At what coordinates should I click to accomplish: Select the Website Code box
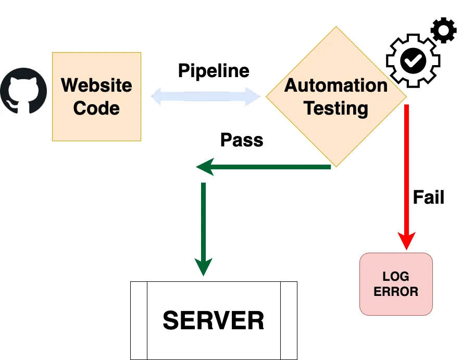(x=96, y=96)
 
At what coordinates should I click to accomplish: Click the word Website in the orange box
(x=96, y=85)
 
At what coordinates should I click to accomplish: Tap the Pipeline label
(x=214, y=71)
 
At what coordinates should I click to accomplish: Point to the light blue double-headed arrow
(x=206, y=96)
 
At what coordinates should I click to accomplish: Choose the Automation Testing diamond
(x=336, y=96)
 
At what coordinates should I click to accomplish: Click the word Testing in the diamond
(x=336, y=108)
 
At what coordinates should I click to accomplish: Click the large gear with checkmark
(x=413, y=61)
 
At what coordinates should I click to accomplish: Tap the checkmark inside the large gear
(x=413, y=61)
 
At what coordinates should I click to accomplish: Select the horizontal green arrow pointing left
(x=263, y=167)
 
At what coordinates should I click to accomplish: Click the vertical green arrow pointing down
(x=203, y=229)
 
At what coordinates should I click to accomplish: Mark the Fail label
(x=428, y=197)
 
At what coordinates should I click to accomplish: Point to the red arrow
(x=407, y=172)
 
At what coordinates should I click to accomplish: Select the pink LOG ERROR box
(x=396, y=284)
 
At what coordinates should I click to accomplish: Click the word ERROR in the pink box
(x=396, y=292)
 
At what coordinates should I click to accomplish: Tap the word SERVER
(x=214, y=320)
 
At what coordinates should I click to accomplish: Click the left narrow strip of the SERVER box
(x=139, y=320)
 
